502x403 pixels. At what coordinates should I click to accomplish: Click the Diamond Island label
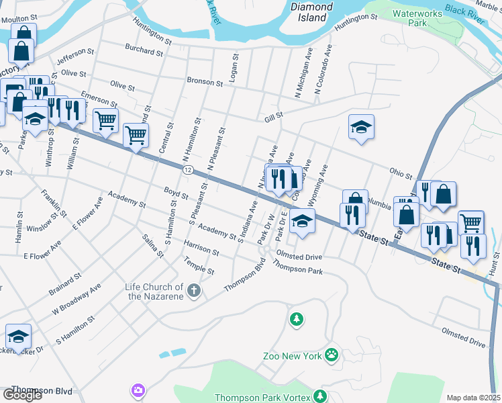311,12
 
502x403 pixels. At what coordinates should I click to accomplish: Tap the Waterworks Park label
419,17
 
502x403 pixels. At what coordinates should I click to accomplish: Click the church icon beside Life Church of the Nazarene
193,291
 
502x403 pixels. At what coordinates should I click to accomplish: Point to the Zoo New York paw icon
331,354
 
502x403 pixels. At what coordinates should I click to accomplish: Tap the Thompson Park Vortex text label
262,398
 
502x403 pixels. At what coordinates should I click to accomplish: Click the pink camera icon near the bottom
138,390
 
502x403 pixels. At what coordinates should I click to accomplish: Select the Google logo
22,394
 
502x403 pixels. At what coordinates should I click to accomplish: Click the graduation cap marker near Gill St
361,128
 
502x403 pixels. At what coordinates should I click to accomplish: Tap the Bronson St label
205,82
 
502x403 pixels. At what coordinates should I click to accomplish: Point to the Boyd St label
176,194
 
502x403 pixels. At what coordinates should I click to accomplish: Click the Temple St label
199,267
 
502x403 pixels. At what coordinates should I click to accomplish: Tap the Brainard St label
65,284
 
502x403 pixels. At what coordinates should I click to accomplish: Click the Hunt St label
496,261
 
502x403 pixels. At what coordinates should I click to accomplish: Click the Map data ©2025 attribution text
474,398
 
